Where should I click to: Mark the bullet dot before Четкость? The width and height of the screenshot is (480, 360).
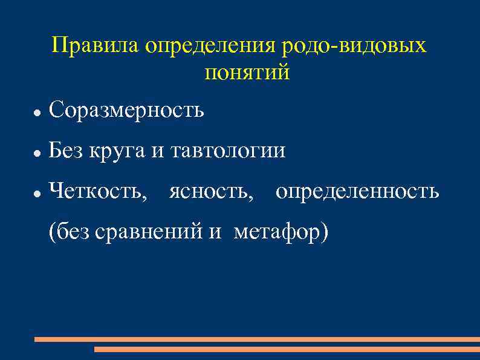(37, 194)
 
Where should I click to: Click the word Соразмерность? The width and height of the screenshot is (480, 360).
(126, 110)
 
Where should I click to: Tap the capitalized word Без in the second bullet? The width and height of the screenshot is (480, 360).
(66, 150)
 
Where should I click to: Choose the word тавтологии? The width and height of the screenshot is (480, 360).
(228, 151)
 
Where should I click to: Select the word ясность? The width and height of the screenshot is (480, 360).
(209, 192)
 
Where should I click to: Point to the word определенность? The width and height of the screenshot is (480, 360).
(357, 192)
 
